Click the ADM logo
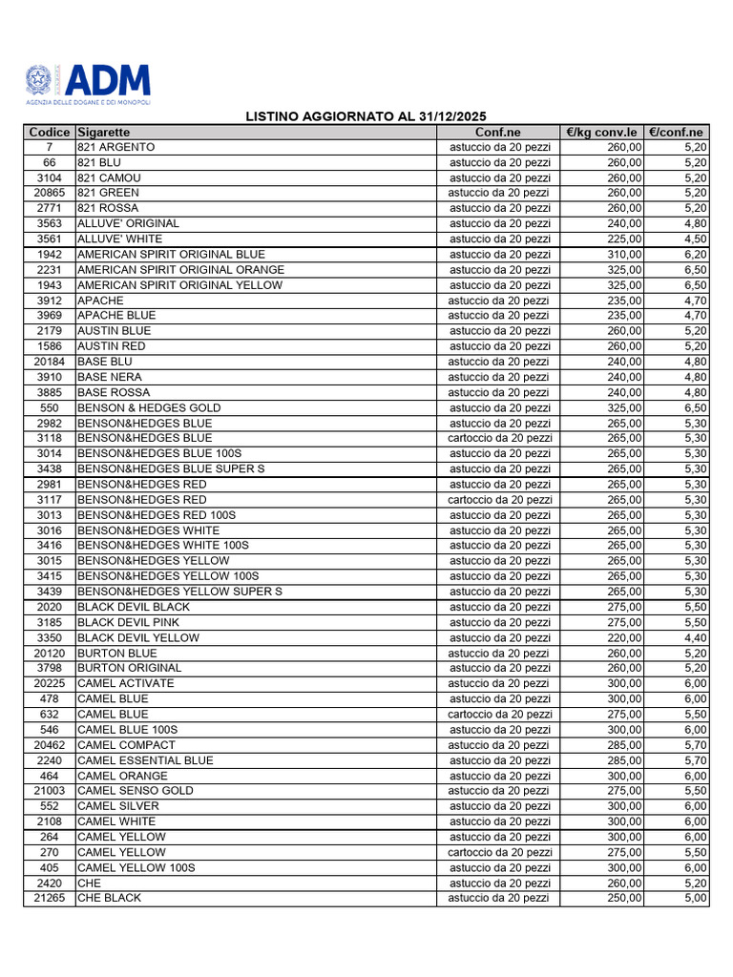click(87, 84)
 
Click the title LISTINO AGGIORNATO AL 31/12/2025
click(366, 116)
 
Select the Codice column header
click(50, 132)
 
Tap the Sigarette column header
click(104, 132)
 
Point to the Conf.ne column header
click(498, 132)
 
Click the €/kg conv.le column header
click(601, 132)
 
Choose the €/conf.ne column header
click(676, 132)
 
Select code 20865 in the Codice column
click(50, 193)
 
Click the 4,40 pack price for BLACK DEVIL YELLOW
click(695, 637)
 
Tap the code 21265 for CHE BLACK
click(50, 898)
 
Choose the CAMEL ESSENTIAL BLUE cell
click(145, 760)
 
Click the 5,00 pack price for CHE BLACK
click(695, 898)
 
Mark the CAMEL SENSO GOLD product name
click(135, 791)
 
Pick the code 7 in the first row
click(50, 147)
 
